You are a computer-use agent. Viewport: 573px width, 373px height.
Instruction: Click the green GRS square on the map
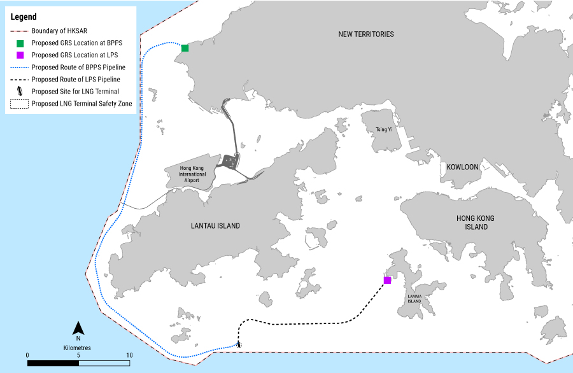185,48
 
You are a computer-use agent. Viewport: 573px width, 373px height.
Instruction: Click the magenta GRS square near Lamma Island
387,280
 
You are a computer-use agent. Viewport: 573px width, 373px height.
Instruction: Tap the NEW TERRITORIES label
366,34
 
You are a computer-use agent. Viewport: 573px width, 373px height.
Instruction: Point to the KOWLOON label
462,167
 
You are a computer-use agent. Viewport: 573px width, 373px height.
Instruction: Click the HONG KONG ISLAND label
476,223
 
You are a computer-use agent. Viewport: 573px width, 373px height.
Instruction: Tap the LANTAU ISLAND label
215,226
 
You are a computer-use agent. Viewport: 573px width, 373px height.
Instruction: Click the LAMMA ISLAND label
414,299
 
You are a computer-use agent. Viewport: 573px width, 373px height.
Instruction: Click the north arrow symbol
78,328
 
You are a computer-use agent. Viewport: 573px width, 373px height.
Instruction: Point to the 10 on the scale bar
129,355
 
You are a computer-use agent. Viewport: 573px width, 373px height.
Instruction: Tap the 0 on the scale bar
27,355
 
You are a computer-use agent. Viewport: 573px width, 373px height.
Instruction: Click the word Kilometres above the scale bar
78,348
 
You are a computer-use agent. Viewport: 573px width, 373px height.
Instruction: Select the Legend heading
24,17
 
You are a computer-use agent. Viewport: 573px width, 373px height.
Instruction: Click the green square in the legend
20,43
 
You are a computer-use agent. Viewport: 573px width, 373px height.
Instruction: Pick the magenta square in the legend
20,55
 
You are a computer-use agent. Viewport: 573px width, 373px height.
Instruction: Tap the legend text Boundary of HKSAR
59,31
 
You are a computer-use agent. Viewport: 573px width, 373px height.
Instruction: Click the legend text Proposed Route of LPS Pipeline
76,80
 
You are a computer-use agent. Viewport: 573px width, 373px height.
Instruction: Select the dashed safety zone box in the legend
20,104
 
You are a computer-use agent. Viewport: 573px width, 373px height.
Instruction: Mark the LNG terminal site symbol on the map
239,344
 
